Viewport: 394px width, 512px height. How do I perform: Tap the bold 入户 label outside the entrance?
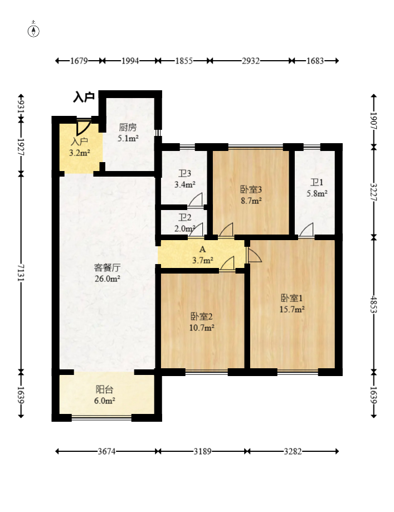point(84,97)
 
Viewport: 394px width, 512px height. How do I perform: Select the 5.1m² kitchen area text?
point(128,138)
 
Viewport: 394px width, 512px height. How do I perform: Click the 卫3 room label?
point(184,173)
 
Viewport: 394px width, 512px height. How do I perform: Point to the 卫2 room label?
point(184,217)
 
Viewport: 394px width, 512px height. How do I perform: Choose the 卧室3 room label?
point(251,189)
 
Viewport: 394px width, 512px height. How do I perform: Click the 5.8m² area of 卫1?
point(317,193)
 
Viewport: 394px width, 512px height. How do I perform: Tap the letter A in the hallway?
point(202,250)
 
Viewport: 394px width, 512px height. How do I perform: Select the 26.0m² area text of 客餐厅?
point(107,279)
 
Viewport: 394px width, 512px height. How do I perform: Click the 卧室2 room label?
point(202,316)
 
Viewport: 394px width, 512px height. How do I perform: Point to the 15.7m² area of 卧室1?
point(292,309)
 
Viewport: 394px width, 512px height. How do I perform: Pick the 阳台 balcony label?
point(105,389)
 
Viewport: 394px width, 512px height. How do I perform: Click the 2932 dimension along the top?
point(251,61)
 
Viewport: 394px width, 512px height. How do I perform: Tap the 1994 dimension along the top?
point(130,61)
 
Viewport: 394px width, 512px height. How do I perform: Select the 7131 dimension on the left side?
point(21,272)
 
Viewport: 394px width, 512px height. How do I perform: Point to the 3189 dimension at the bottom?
point(202,451)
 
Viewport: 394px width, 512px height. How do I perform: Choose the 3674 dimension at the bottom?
point(107,451)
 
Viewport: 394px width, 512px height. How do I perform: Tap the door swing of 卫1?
point(307,229)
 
